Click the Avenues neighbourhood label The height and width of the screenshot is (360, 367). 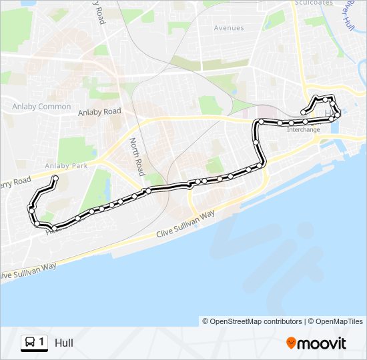point(229,28)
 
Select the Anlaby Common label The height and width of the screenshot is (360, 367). point(41,107)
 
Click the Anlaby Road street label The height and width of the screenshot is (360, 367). point(99,112)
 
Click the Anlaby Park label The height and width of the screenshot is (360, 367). point(66,165)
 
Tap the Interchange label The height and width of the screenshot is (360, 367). point(303,129)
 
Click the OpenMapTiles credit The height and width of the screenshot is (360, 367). point(340,321)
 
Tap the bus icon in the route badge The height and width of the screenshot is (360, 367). point(30,343)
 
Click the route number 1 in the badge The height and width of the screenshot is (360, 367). point(41,343)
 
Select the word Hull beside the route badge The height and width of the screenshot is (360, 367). point(64,343)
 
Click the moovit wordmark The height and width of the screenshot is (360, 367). point(322,343)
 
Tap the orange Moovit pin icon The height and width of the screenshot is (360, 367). point(291,343)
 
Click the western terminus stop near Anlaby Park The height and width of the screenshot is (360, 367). point(55,177)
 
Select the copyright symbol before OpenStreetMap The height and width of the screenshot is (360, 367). point(206,321)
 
